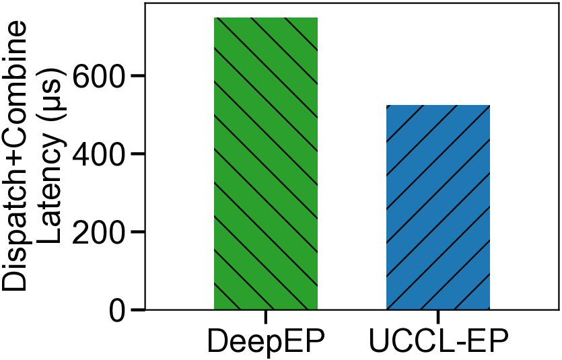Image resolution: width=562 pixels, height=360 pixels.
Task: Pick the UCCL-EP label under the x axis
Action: pos(438,341)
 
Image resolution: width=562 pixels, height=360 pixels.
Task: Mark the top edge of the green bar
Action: pos(265,17)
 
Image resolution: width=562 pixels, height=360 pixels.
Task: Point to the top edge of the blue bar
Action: pos(437,106)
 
